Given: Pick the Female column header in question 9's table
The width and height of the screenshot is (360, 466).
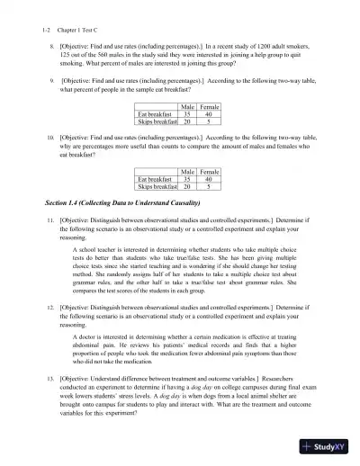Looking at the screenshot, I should tap(208, 107).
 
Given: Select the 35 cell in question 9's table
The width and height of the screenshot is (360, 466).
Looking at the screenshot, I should tap(186, 115).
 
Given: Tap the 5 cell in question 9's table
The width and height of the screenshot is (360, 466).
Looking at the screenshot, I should tap(208, 123).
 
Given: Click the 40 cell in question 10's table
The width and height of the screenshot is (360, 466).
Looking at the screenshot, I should tap(208, 179).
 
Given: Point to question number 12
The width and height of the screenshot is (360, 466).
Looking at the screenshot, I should tap(50, 308).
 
